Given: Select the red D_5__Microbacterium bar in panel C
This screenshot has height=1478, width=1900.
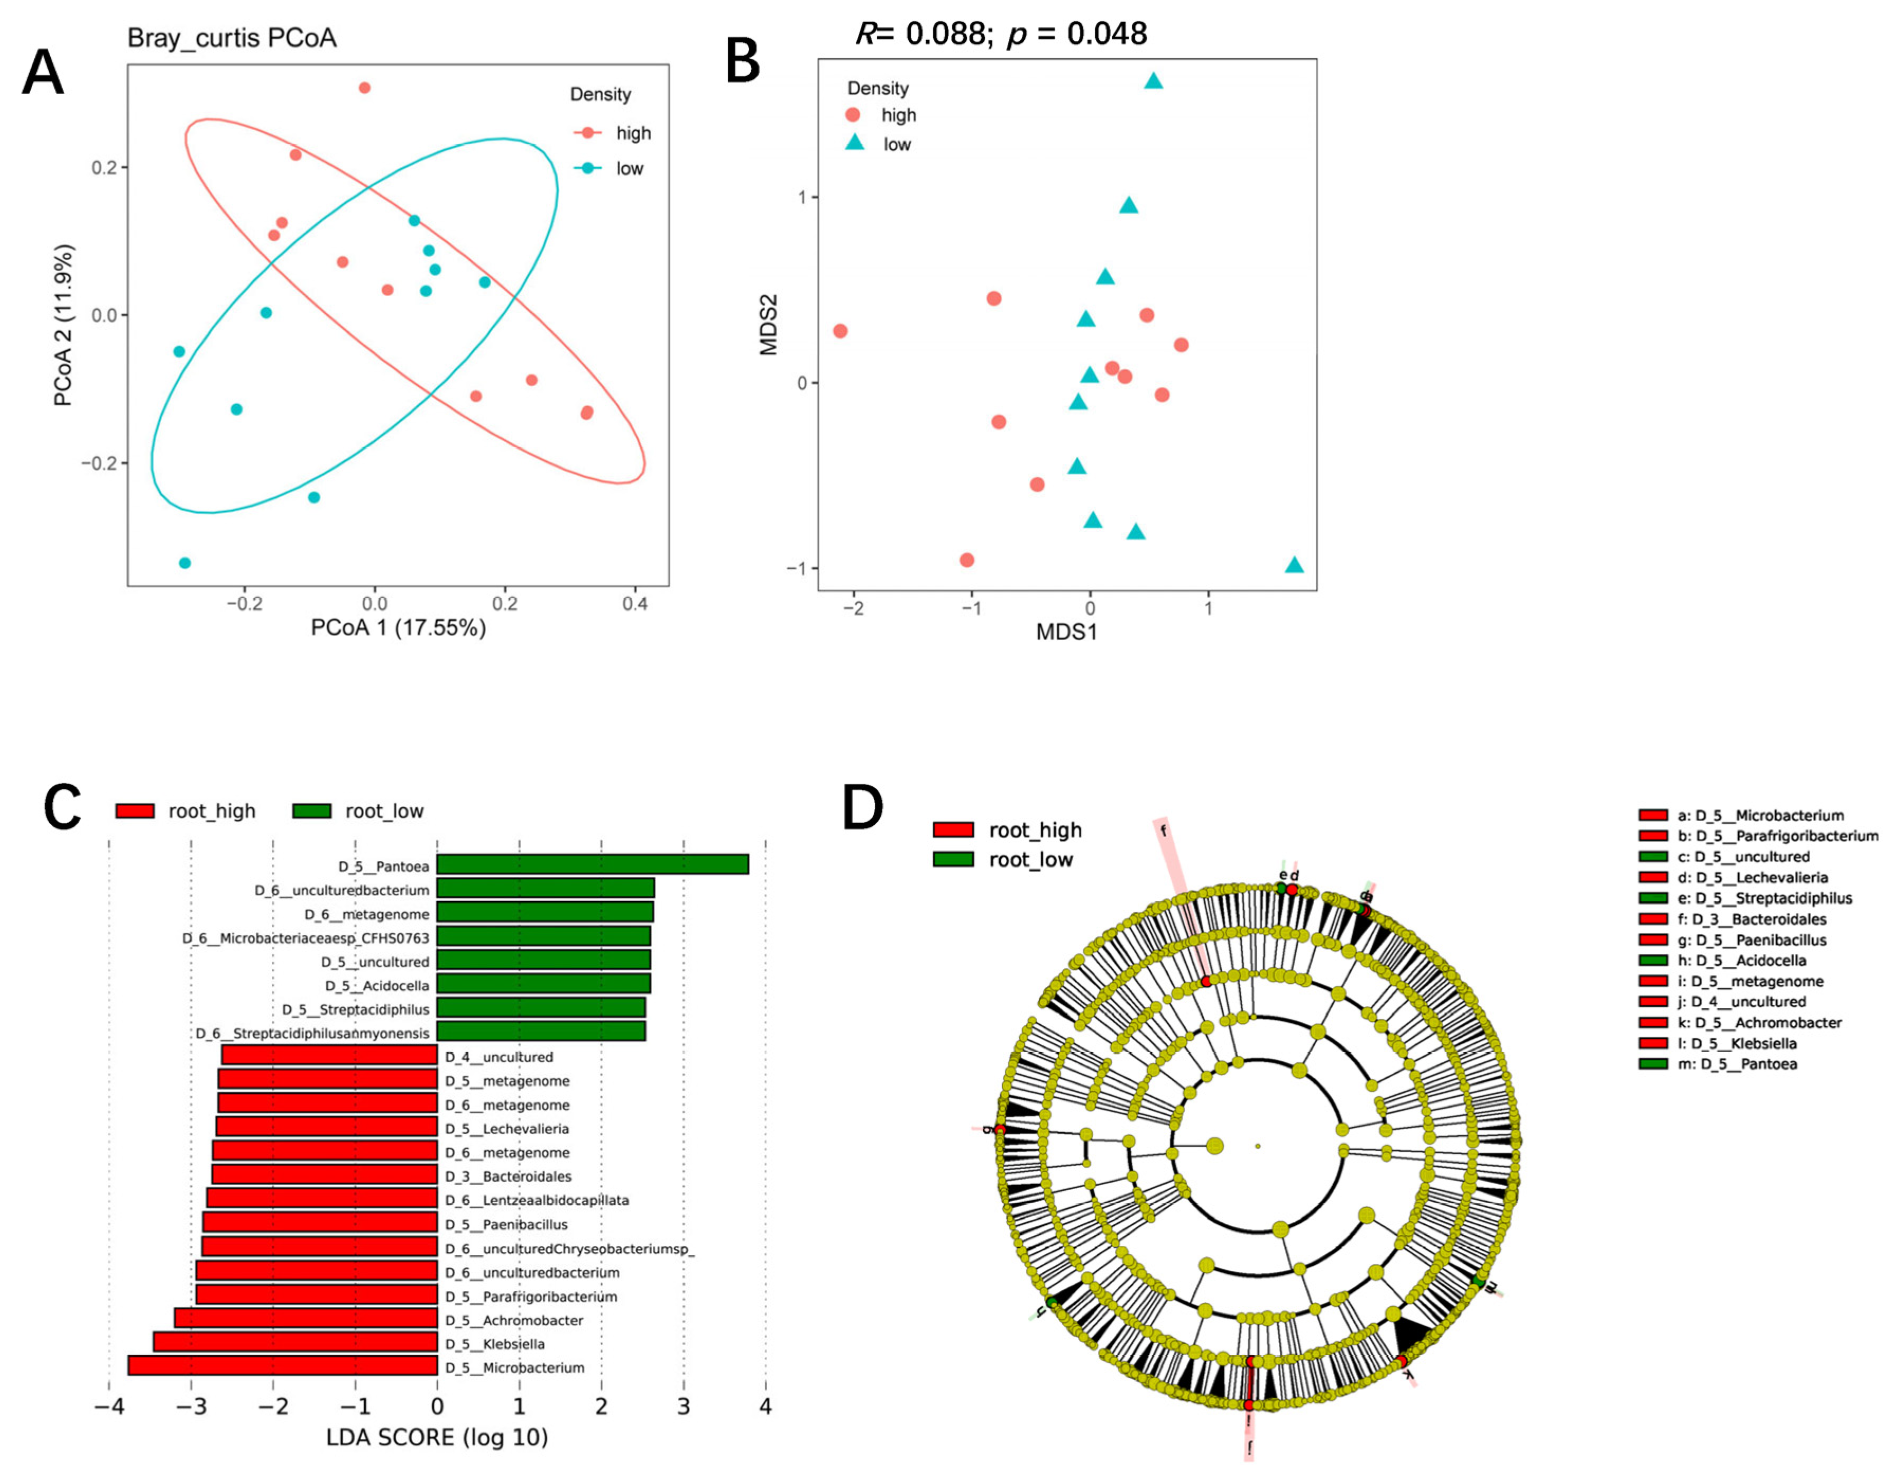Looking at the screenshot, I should [283, 1366].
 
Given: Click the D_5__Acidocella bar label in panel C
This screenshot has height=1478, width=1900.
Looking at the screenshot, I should [377, 986].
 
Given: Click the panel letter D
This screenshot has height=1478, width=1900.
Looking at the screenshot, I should [862, 808].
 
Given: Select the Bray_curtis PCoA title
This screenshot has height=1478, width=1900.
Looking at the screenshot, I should [232, 38].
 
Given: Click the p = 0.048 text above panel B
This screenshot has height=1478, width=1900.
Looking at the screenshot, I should [1077, 34].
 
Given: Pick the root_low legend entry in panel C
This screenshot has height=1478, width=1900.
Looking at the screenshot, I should [357, 811].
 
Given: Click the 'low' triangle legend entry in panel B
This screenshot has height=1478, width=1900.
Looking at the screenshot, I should [880, 144].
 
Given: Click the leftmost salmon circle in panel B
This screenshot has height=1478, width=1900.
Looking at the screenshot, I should [840, 331].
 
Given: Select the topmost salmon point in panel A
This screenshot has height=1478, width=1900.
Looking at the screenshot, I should [365, 88].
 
